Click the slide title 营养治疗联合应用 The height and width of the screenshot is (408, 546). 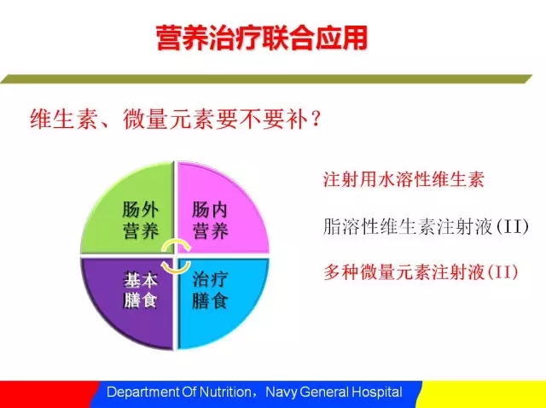pos(262,38)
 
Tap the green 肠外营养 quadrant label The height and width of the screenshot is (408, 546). pos(140,220)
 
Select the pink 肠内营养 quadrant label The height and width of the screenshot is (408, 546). pos(210,220)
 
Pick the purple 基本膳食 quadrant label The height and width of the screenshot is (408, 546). pos(140,290)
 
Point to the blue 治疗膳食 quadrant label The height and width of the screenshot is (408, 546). pos(210,290)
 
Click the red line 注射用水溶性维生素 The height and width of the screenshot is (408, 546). pos(404,180)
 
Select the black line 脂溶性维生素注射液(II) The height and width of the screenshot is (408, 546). pos(426,226)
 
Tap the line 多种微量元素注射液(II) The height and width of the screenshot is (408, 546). pos(421,272)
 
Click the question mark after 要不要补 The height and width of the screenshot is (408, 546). pos(316,120)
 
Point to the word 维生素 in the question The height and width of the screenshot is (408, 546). pos(64,119)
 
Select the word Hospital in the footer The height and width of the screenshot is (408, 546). pos(377,393)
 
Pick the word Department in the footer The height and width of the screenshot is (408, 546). pos(143,393)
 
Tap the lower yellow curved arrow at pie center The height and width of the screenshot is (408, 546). pos(176,267)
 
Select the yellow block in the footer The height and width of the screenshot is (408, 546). pos(482,394)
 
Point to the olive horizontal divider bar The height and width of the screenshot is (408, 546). pos(266,79)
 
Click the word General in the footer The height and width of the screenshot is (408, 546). pos(324,393)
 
